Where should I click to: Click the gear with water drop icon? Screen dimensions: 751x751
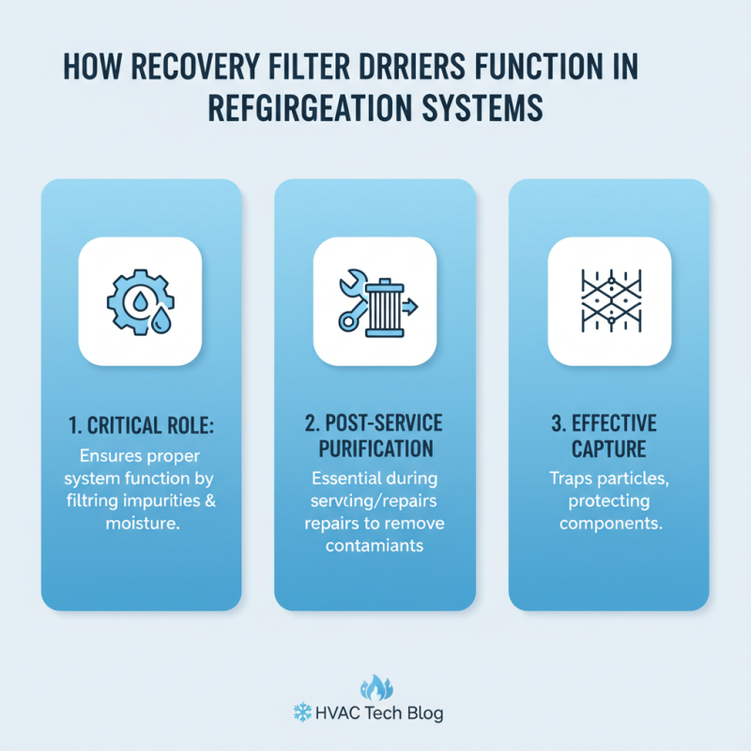point(140,300)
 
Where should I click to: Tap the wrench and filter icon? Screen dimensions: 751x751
point(375,300)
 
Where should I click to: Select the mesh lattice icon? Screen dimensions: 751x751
point(609,300)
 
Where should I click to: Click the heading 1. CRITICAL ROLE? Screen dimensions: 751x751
point(141,424)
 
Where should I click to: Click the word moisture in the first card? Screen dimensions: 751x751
point(141,519)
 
